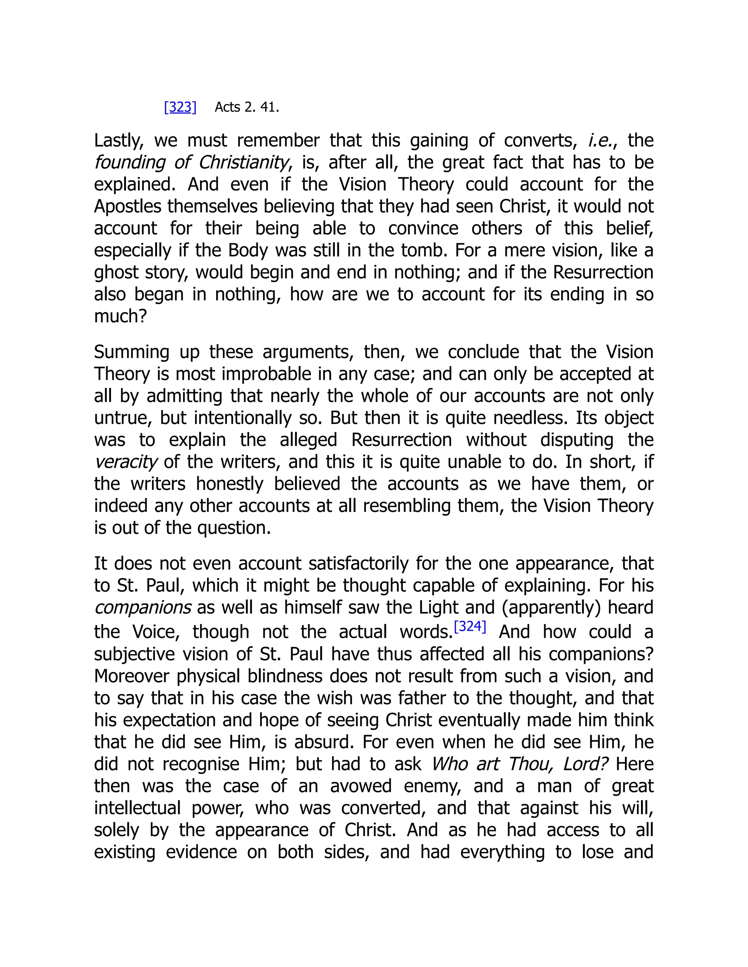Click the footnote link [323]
coord(180,107)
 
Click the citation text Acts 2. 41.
coord(247,107)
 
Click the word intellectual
coord(137,808)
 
